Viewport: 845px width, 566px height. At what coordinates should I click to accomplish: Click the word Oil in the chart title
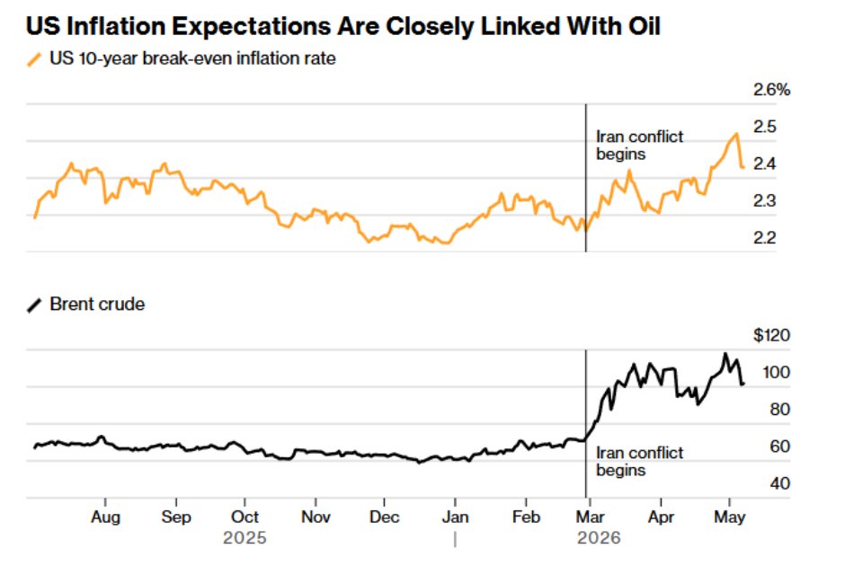pyautogui.click(x=645, y=26)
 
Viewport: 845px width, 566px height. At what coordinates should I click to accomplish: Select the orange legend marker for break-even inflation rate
pyautogui.click(x=34, y=59)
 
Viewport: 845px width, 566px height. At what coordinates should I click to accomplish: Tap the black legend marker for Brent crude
pyautogui.click(x=34, y=305)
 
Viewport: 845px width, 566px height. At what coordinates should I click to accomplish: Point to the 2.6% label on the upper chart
pyautogui.click(x=771, y=90)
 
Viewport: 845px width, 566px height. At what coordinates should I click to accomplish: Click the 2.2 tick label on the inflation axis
pyautogui.click(x=765, y=237)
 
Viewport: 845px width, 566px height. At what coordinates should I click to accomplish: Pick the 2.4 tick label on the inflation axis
pyautogui.click(x=765, y=164)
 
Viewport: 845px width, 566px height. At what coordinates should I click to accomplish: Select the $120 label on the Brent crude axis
pyautogui.click(x=771, y=335)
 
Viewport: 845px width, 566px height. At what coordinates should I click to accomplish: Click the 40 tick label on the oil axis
pyautogui.click(x=779, y=483)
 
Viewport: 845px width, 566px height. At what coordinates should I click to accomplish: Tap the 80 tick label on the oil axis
pyautogui.click(x=779, y=410)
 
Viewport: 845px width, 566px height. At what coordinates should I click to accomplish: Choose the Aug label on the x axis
pyautogui.click(x=106, y=517)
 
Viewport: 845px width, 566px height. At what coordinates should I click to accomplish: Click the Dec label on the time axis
pyautogui.click(x=384, y=517)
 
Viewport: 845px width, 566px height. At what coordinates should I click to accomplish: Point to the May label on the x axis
pyautogui.click(x=730, y=517)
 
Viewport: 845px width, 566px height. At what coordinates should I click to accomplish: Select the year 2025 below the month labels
pyautogui.click(x=245, y=537)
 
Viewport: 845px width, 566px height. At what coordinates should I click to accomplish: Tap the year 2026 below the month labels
pyautogui.click(x=599, y=537)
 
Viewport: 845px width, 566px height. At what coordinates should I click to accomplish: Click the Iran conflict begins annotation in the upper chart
pyautogui.click(x=639, y=146)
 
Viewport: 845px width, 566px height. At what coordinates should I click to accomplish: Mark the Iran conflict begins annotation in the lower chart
pyautogui.click(x=639, y=462)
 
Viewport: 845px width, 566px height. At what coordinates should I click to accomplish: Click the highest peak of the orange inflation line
pyautogui.click(x=736, y=134)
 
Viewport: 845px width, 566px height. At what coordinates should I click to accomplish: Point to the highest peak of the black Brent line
pyautogui.click(x=725, y=354)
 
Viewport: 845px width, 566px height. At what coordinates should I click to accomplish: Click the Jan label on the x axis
pyautogui.click(x=456, y=517)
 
